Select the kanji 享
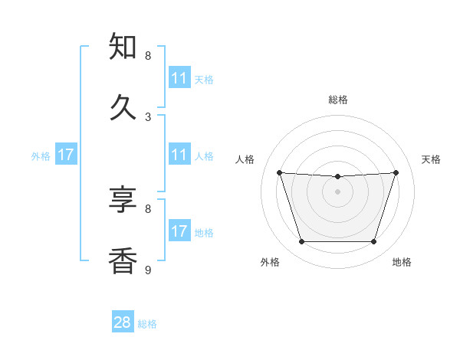click(123, 200)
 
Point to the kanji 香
click(123, 260)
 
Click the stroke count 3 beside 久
click(148, 116)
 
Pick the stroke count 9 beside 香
click(148, 270)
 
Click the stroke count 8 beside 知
click(148, 56)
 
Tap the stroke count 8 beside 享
click(148, 208)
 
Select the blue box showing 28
click(123, 322)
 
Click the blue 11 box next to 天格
click(179, 78)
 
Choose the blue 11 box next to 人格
click(179, 155)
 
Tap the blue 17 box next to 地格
click(179, 231)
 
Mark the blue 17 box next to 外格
click(66, 155)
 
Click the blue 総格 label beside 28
click(147, 324)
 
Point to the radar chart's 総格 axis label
click(338, 100)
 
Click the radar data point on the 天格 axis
click(396, 172)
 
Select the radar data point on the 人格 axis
click(279, 172)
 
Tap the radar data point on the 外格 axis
click(301, 242)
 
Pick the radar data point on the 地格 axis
click(374, 242)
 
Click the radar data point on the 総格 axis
click(338, 177)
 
